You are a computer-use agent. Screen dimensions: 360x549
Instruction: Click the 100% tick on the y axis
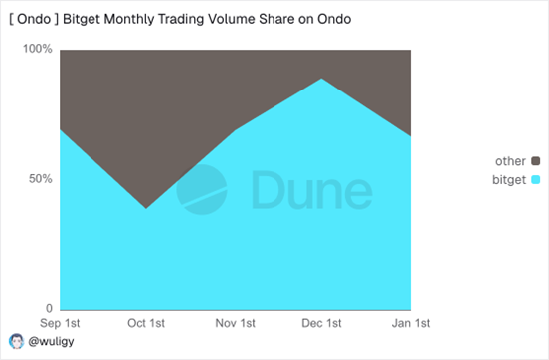[x=38, y=50]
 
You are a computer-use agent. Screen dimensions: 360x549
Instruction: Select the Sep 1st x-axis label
[x=60, y=324]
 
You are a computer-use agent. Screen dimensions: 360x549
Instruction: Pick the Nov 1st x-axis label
[x=235, y=324]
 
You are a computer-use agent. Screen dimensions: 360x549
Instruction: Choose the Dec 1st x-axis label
[x=322, y=324]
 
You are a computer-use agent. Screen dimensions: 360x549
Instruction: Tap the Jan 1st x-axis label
[x=410, y=324]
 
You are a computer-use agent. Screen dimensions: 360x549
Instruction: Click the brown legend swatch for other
[x=535, y=161]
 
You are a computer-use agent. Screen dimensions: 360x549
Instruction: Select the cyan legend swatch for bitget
[x=535, y=180]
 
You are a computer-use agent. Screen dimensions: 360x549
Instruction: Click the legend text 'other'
[x=510, y=161]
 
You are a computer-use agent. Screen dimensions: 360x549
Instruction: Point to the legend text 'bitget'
[x=508, y=180]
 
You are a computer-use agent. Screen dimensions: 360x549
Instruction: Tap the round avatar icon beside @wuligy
[x=15, y=341]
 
